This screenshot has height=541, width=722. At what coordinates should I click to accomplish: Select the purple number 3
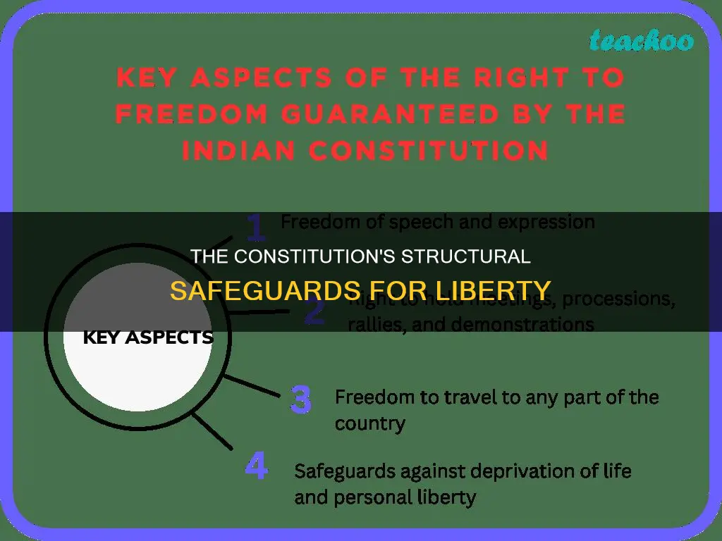point(301,399)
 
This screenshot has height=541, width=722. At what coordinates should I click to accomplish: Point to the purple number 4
point(256,468)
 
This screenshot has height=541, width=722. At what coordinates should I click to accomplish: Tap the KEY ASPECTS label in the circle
point(148,337)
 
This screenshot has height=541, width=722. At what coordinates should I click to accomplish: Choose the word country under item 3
point(369,423)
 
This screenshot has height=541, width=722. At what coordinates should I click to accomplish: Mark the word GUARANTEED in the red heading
point(377,113)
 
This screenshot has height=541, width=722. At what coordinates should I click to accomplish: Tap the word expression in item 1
point(546,223)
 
